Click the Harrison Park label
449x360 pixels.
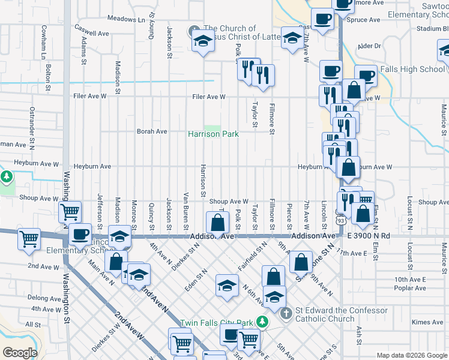[x=213, y=134]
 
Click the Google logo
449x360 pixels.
[x=20, y=353]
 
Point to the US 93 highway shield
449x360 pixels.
[x=340, y=221]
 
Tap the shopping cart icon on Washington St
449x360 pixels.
[x=70, y=211]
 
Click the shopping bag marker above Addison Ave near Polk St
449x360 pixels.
[x=217, y=223]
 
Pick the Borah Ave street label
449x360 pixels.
[x=152, y=131]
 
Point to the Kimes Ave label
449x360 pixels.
[x=427, y=322]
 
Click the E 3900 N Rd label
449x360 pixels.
[x=369, y=236]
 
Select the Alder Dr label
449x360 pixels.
[x=369, y=46]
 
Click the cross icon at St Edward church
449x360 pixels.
[x=286, y=312]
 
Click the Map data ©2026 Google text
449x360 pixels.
[x=411, y=355]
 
